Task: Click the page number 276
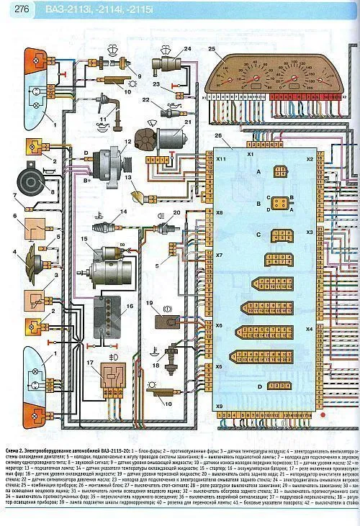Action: click(x=17, y=9)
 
